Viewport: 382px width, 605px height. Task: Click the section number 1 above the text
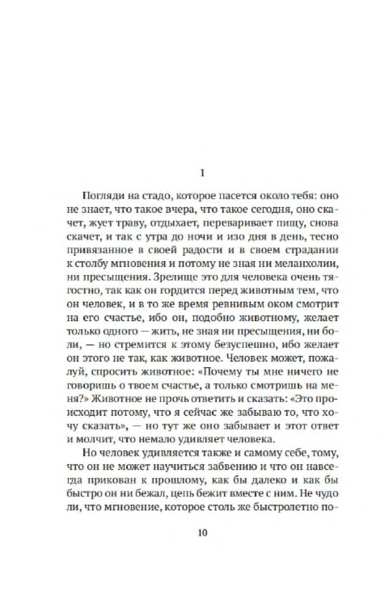(203, 173)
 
